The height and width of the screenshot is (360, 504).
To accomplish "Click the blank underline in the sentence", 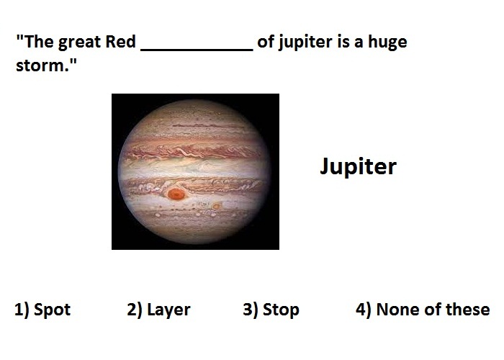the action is point(197,50).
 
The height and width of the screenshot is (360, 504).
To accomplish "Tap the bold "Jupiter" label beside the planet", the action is point(359,166).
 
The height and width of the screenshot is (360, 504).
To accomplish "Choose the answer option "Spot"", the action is point(52,310).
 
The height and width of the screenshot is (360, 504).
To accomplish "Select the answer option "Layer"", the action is point(168,310).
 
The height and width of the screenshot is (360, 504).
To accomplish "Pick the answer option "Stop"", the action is point(281,310).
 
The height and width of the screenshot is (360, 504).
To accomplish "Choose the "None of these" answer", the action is point(433,309).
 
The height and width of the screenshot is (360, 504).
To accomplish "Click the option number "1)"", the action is point(22,310).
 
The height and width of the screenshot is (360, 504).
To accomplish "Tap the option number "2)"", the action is point(135,310).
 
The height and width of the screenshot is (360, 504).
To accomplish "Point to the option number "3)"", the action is point(251,310).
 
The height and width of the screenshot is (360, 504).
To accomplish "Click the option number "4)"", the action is point(363,310).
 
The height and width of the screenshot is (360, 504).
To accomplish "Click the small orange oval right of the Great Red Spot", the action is point(217,206).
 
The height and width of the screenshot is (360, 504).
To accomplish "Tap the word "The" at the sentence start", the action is point(39,42).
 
